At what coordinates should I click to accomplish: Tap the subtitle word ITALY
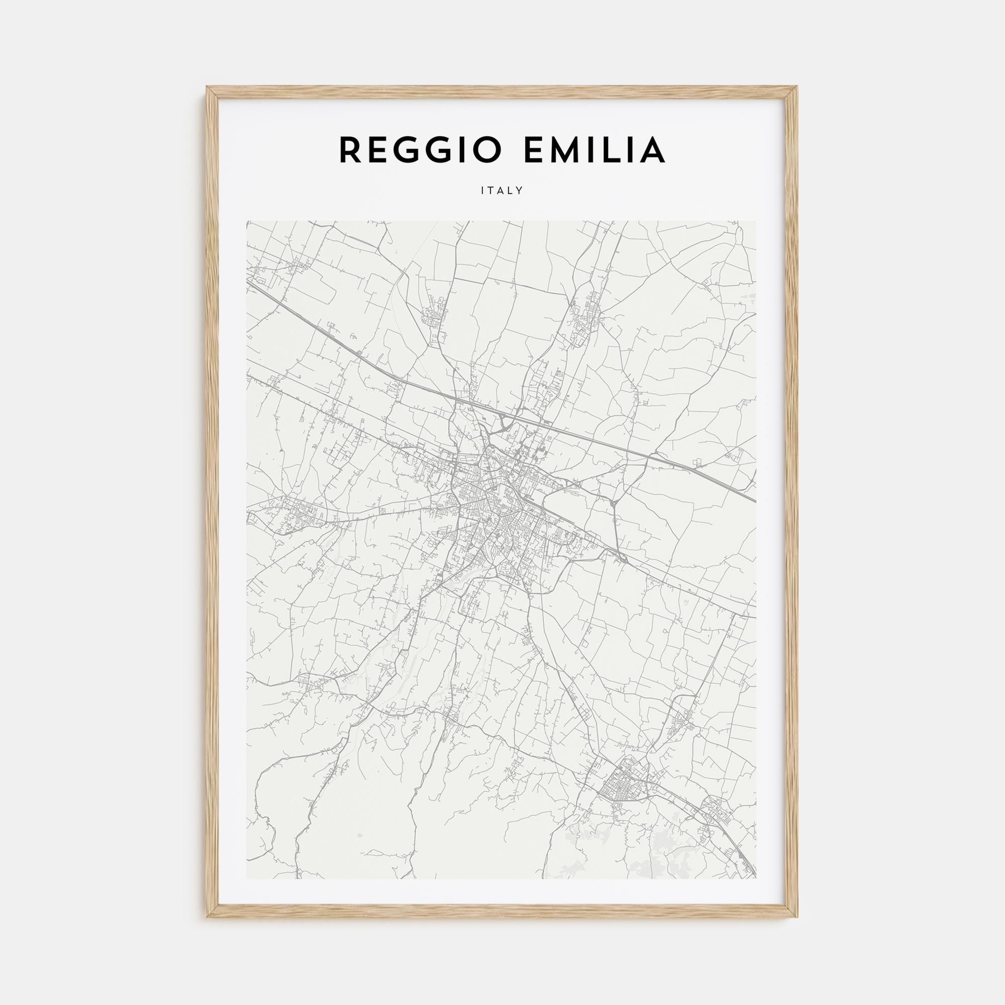pyautogui.click(x=502, y=191)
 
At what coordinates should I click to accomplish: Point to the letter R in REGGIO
pyautogui.click(x=350, y=150)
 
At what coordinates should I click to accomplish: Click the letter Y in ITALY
pyautogui.click(x=520, y=191)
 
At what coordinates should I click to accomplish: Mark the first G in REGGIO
pyautogui.click(x=405, y=150)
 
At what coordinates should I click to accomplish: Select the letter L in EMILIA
pyautogui.click(x=612, y=150)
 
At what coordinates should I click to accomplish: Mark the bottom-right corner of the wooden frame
pyautogui.click(x=797, y=917)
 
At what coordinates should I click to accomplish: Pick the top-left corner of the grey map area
pyautogui.click(x=247, y=221)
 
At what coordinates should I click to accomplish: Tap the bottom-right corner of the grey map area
pyautogui.click(x=756, y=878)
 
